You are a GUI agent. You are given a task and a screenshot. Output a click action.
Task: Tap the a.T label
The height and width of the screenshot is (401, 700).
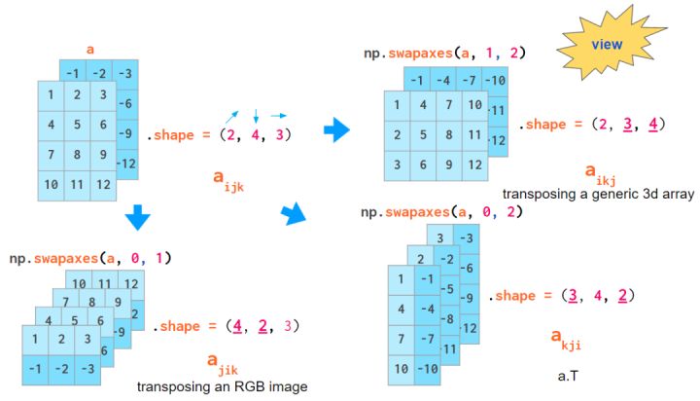coord(571,374)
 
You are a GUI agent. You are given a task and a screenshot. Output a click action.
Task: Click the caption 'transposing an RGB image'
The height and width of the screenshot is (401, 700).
coord(223,386)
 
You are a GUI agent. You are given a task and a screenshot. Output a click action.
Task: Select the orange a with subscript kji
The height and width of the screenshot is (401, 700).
coord(565,338)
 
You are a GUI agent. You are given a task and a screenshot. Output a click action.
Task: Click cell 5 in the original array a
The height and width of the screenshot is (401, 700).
coord(76,125)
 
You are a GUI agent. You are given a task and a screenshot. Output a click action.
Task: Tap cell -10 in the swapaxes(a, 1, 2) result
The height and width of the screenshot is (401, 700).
coord(496,79)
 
